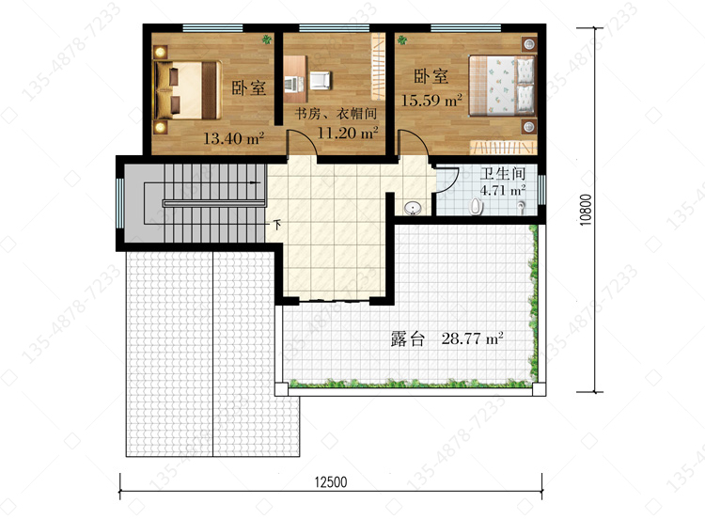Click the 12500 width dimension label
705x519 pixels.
[x=331, y=482]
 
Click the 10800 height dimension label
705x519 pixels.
[x=586, y=210]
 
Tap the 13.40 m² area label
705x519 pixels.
[x=233, y=138]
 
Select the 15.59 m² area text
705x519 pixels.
[x=431, y=100]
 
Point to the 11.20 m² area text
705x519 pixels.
[x=348, y=133]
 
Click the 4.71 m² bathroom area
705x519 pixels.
[x=503, y=190]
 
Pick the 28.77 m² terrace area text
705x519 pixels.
[x=472, y=338]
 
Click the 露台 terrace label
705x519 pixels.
[x=407, y=338]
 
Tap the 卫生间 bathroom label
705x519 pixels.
[x=503, y=174]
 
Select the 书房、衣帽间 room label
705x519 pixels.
[x=336, y=114]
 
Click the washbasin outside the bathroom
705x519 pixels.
[x=413, y=208]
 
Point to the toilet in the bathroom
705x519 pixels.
[x=477, y=207]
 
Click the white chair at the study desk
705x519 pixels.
[x=321, y=81]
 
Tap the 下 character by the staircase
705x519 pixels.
[x=277, y=224]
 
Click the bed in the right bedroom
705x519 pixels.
[x=503, y=85]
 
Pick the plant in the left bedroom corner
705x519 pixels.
[x=267, y=39]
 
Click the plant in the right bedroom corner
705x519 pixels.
[x=402, y=40]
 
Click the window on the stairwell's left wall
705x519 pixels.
[x=119, y=204]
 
